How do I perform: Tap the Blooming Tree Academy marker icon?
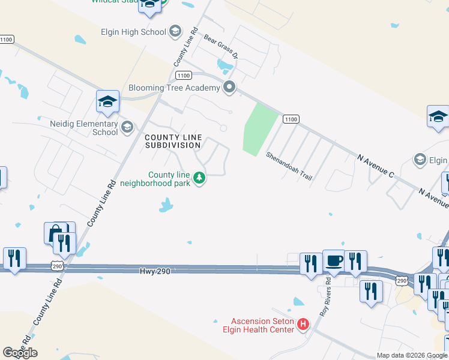[x=229, y=88]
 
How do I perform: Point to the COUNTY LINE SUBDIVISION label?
[x=173, y=141]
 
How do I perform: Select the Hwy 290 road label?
[x=156, y=271]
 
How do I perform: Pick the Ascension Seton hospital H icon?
[x=303, y=325]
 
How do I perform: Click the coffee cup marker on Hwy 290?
[x=334, y=260]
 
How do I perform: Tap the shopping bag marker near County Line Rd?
[x=55, y=232]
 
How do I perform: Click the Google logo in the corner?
[x=20, y=353]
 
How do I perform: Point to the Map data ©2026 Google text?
[x=411, y=355]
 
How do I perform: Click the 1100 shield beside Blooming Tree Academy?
[x=184, y=75]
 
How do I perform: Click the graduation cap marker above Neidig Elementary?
[x=107, y=101]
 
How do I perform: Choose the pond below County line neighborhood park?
[x=166, y=206]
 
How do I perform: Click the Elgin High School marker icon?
[x=175, y=31]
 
